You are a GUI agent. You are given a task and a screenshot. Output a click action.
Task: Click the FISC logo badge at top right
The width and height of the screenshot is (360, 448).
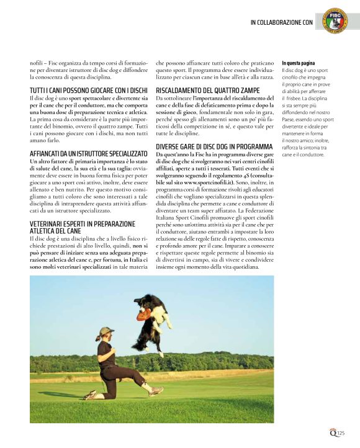coord(336,20)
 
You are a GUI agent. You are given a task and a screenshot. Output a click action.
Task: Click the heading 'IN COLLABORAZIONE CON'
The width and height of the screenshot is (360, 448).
coord(281,22)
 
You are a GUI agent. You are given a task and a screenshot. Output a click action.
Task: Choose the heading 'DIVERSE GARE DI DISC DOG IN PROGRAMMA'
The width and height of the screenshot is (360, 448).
coord(215,146)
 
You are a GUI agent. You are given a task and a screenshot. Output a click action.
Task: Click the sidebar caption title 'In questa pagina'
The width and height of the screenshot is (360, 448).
coord(299,63)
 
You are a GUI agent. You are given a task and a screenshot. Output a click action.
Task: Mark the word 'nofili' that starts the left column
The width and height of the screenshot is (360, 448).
coord(38,63)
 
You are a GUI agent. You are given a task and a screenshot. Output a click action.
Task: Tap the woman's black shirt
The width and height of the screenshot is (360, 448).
coord(105,353)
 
